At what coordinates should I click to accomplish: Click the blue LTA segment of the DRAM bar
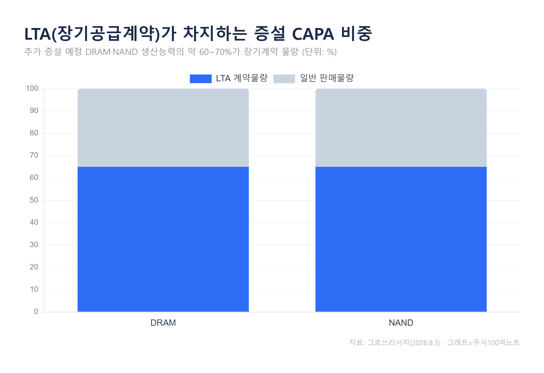pyautogui.click(x=163, y=239)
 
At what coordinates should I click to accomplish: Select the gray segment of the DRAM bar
pyautogui.click(x=163, y=128)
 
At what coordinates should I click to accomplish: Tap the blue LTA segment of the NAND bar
pyautogui.click(x=401, y=239)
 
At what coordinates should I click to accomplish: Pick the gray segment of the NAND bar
pyautogui.click(x=401, y=128)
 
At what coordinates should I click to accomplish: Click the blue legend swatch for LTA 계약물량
pyautogui.click(x=201, y=79)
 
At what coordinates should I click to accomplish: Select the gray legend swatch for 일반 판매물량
pyautogui.click(x=284, y=79)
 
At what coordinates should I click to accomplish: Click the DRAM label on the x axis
pyautogui.click(x=163, y=323)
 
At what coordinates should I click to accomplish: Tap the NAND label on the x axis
pyautogui.click(x=401, y=323)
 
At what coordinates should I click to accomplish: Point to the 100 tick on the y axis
pyautogui.click(x=32, y=88)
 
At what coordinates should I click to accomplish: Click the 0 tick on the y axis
pyautogui.click(x=36, y=312)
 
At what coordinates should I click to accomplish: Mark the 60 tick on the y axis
pyautogui.click(x=34, y=178)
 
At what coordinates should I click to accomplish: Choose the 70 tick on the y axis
pyautogui.click(x=34, y=155)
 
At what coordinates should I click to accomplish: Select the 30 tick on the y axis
pyautogui.click(x=34, y=245)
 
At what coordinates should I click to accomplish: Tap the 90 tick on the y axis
pyautogui.click(x=34, y=111)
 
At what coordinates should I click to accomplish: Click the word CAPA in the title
pyautogui.click(x=313, y=34)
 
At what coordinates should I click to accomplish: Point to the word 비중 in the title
pyautogui.click(x=357, y=34)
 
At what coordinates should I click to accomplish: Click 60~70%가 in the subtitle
pyautogui.click(x=220, y=52)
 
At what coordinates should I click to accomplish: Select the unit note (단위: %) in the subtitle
pyautogui.click(x=319, y=52)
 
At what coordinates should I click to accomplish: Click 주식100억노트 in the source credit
pyautogui.click(x=496, y=343)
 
